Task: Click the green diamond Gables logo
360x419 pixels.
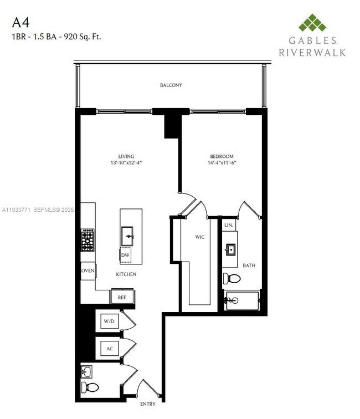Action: tap(313, 23)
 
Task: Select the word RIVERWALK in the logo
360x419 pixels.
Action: tap(313, 52)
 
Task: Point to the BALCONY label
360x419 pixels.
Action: tap(171, 85)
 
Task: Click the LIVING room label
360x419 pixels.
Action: tap(126, 156)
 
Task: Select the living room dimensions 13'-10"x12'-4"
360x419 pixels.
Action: tap(126, 163)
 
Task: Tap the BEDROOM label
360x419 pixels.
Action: tap(222, 156)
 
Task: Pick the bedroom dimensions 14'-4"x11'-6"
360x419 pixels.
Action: tap(222, 163)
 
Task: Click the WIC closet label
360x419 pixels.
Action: tap(200, 237)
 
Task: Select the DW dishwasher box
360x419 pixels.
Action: tap(125, 256)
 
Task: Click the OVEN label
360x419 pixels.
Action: tap(88, 270)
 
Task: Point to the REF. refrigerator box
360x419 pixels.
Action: tap(121, 298)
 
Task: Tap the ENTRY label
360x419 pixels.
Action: tap(147, 404)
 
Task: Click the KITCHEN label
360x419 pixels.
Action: tap(126, 274)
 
